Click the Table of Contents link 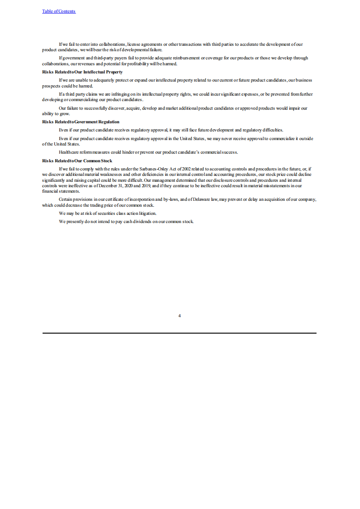pyautogui.click(x=59, y=11)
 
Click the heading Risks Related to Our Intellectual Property pyautogui.click(x=82, y=72)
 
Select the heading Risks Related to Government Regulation pyautogui.click(x=81, y=122)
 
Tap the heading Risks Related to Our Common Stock pyautogui.click(x=77, y=161)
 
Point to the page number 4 pyautogui.click(x=180, y=316)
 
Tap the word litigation pyautogui.click(x=146, y=213)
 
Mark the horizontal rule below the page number pyautogui.click(x=179, y=333)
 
